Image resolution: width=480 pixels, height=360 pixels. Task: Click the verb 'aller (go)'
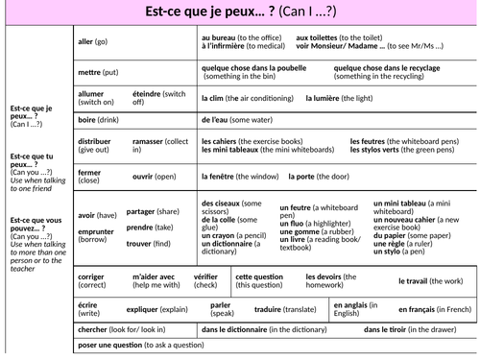click(x=92, y=41)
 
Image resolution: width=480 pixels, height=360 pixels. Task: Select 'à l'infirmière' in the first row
click(x=228, y=45)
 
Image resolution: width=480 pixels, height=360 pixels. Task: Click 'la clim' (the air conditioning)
click(x=216, y=98)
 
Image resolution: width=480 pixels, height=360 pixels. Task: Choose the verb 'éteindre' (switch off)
click(x=146, y=93)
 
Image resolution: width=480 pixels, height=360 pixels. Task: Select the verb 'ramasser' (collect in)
click(x=151, y=140)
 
